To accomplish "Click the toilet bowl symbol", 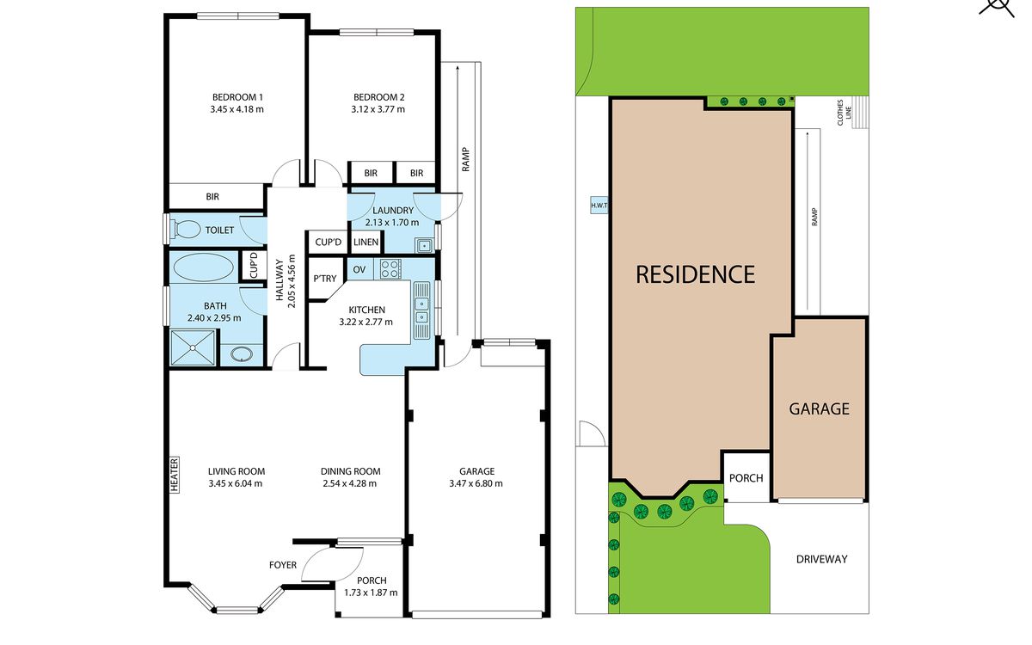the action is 186,229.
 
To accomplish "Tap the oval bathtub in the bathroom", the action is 203,267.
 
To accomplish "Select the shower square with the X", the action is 193,347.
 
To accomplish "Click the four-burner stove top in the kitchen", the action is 390,268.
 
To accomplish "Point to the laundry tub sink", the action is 424,246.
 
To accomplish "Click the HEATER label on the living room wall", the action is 174,475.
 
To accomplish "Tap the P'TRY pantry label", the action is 325,279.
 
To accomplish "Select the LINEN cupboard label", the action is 365,242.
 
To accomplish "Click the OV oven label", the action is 359,269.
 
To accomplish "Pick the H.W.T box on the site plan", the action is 599,205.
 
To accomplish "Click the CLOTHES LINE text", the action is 844,112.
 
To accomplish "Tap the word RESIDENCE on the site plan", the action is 695,274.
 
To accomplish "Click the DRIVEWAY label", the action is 822,559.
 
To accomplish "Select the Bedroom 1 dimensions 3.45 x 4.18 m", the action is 236,109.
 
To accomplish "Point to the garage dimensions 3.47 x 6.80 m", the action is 476,483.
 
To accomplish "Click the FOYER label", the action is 283,565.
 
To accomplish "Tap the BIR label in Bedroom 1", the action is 212,197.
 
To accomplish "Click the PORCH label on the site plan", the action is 746,478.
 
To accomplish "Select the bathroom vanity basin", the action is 242,354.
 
